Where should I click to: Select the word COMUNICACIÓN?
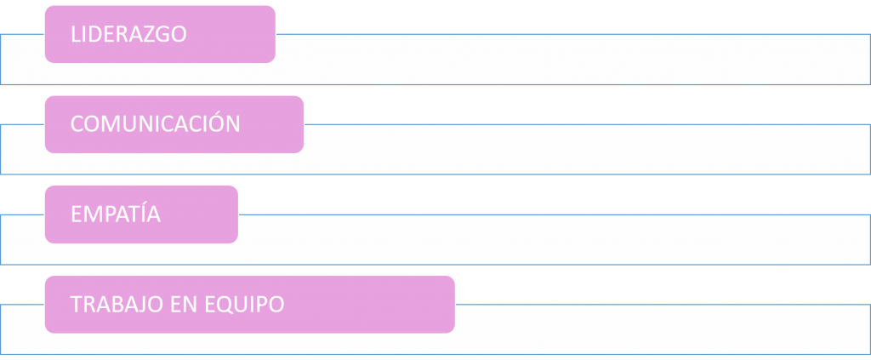click(155, 124)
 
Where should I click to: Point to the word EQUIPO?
click(246, 305)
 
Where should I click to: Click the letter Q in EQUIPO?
click(227, 305)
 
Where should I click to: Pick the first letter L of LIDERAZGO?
click(76, 34)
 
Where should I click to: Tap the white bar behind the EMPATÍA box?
click(553, 239)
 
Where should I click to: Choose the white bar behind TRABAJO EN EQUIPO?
click(663, 329)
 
